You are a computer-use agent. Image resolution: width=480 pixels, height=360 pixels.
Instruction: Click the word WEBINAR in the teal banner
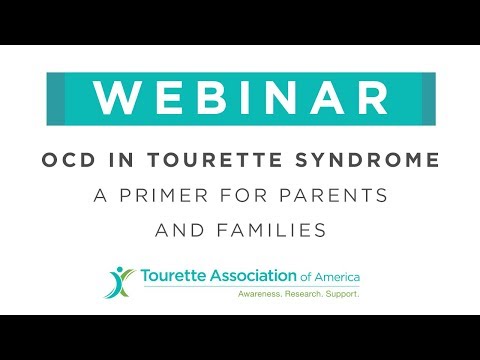[240, 98]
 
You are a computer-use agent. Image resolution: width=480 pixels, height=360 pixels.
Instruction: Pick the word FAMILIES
[277, 230]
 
